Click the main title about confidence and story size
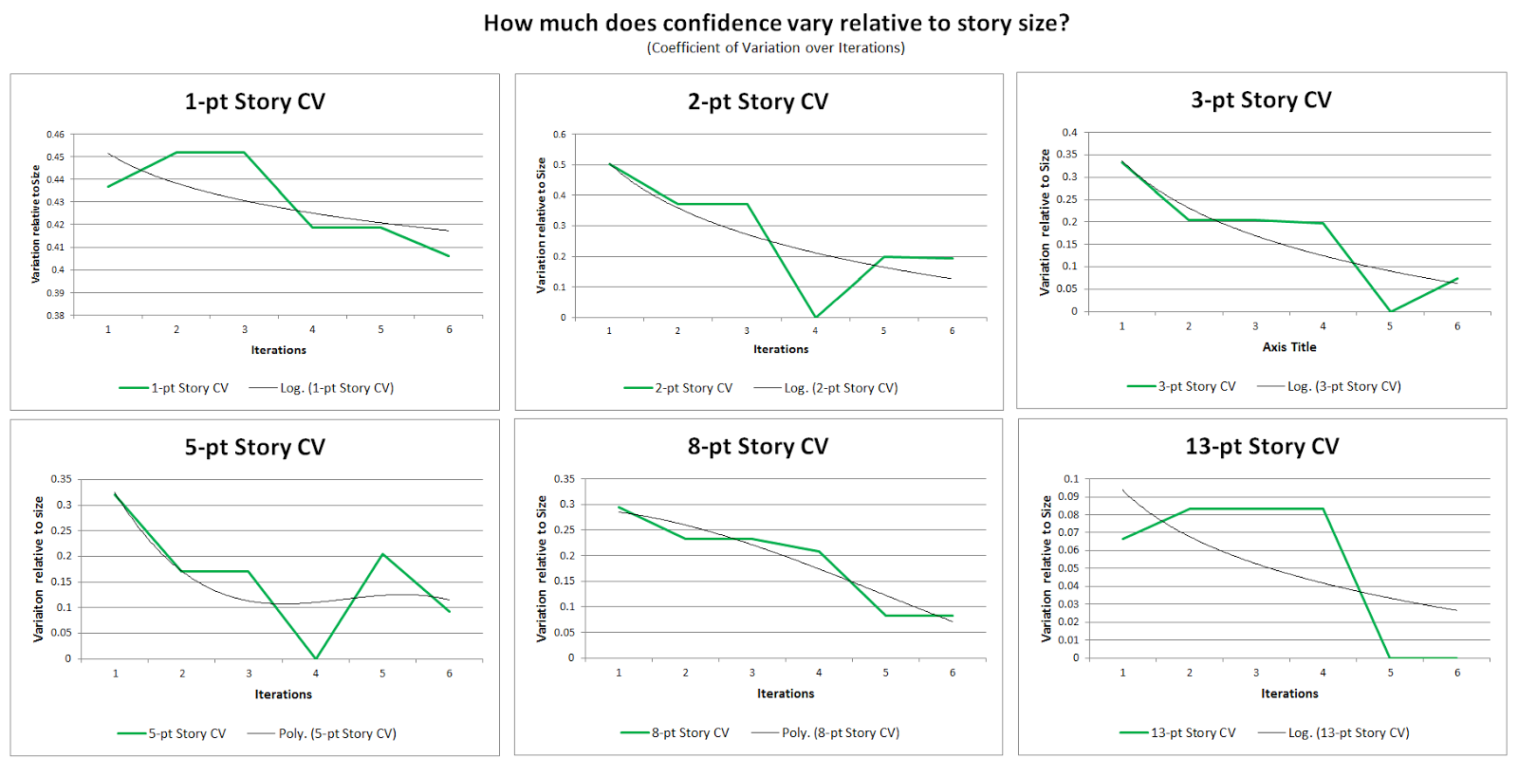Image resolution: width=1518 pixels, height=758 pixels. (x=776, y=23)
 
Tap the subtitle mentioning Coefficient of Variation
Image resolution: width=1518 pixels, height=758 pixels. (x=776, y=47)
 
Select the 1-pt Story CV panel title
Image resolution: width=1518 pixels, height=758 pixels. (x=254, y=102)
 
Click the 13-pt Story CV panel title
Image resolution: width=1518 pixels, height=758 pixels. (x=1262, y=446)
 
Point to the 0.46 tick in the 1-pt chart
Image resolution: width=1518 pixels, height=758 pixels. (x=56, y=135)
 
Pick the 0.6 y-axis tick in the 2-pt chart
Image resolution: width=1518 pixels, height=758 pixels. (x=560, y=135)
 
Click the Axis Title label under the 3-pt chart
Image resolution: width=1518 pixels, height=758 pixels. (x=1289, y=347)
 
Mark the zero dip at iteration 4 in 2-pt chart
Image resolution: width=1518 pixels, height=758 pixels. (x=815, y=317)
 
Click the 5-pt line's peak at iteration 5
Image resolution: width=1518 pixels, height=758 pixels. (x=382, y=554)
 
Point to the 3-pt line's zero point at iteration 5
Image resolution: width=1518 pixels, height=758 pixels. (x=1390, y=311)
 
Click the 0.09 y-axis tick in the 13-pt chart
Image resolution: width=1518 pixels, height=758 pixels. (x=1068, y=496)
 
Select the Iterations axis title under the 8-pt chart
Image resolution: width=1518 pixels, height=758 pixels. (x=786, y=693)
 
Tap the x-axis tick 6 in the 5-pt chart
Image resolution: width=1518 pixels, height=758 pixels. (x=450, y=674)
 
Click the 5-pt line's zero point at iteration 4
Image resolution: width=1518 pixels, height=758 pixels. (x=316, y=658)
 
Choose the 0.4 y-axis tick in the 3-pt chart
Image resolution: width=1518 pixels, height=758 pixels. (x=1069, y=132)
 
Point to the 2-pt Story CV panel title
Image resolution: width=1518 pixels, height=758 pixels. (x=758, y=102)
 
